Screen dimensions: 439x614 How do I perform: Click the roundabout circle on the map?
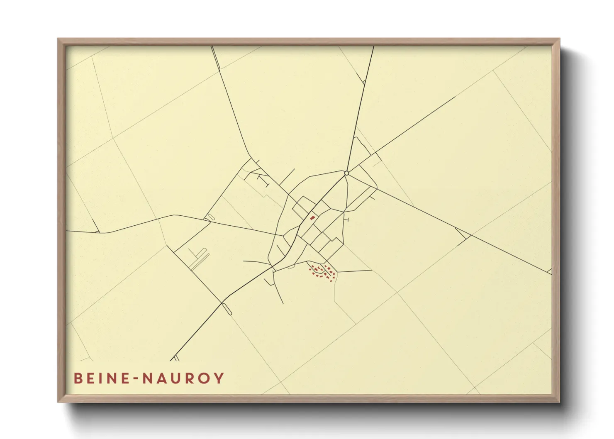pyautogui.click(x=346, y=173)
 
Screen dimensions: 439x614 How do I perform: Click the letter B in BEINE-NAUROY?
pyautogui.click(x=78, y=378)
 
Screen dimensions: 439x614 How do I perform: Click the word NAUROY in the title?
pyautogui.click(x=184, y=378)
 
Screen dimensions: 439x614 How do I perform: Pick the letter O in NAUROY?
pyautogui.click(x=205, y=378)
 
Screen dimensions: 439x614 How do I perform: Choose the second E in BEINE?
pyautogui.click(x=126, y=378)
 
